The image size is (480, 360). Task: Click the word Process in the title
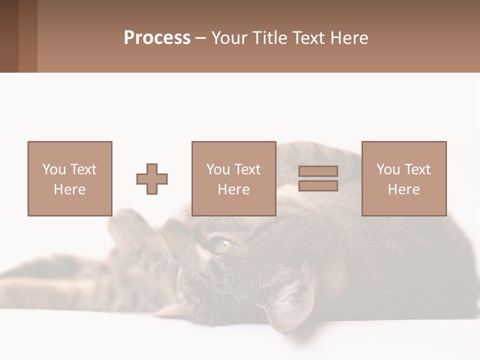(x=157, y=38)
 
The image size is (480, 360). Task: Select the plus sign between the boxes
(x=152, y=179)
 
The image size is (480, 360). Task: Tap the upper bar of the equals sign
(x=318, y=171)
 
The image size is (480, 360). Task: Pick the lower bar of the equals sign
(x=318, y=186)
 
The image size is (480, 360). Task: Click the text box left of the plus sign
(x=69, y=178)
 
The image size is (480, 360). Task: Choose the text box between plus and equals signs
(x=233, y=178)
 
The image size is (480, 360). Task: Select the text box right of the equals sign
(x=403, y=178)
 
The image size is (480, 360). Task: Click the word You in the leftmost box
(x=54, y=169)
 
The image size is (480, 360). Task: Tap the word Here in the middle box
(x=233, y=189)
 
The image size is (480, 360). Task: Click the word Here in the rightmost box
(x=403, y=189)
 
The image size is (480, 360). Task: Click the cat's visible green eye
(x=223, y=245)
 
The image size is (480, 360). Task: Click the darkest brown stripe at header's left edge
(x=9, y=36)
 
